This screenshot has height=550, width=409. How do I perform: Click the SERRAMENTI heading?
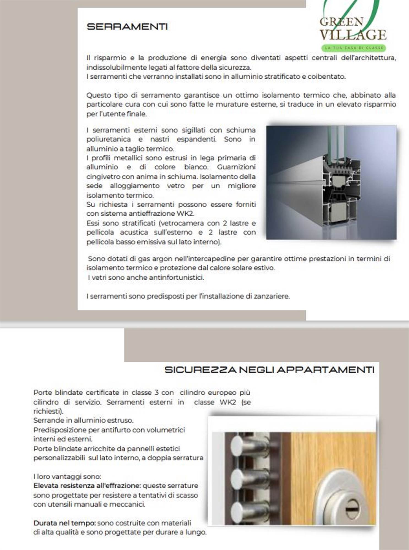pyautogui.click(x=127, y=27)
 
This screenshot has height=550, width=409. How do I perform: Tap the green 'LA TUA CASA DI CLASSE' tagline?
pyautogui.click(x=354, y=48)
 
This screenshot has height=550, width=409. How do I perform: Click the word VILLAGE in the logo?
pyautogui.click(x=353, y=35)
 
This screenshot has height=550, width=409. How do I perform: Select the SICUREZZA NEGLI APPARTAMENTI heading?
pyautogui.click(x=269, y=370)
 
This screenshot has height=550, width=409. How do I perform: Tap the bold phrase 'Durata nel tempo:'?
pyautogui.click(x=64, y=523)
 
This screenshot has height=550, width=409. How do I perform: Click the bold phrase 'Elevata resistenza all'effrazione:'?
pyautogui.click(x=87, y=486)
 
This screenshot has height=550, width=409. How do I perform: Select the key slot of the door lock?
pyautogui.click(x=352, y=507)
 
